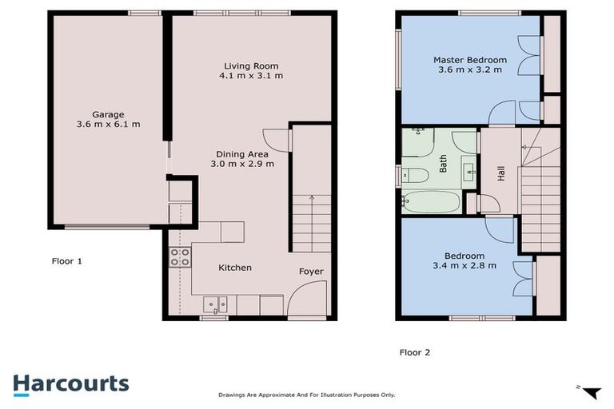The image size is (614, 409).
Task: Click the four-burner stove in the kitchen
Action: click(x=180, y=257)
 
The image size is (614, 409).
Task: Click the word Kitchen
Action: click(x=235, y=268)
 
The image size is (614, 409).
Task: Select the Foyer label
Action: click(x=311, y=272)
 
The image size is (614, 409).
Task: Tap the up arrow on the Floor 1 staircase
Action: click(x=311, y=198)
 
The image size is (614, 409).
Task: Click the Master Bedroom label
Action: click(x=470, y=60)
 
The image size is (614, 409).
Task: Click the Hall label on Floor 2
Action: click(x=501, y=173)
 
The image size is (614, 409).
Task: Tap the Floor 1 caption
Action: click(x=67, y=261)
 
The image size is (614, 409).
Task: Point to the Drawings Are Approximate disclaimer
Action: click(x=306, y=395)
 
